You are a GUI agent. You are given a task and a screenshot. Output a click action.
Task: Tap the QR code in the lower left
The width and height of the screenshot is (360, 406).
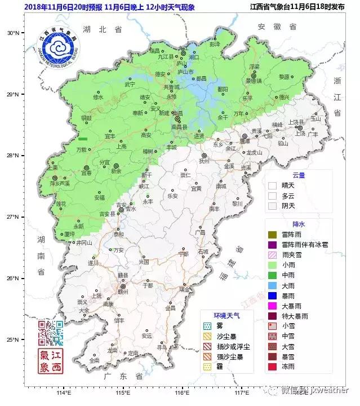coord(50,333)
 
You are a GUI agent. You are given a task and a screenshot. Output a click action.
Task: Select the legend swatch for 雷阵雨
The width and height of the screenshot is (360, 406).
coord(272,234)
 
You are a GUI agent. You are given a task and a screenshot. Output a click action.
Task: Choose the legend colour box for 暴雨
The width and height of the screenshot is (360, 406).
coord(272,295)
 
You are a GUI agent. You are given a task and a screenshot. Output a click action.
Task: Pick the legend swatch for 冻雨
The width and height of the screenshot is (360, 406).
coord(272,367)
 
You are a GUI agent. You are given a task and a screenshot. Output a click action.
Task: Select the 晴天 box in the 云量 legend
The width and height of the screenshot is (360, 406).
coord(272,185)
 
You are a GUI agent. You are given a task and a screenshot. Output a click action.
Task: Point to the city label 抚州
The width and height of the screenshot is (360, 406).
coord(204,161)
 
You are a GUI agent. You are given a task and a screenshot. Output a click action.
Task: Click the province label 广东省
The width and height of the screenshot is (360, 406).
coord(120,376)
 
